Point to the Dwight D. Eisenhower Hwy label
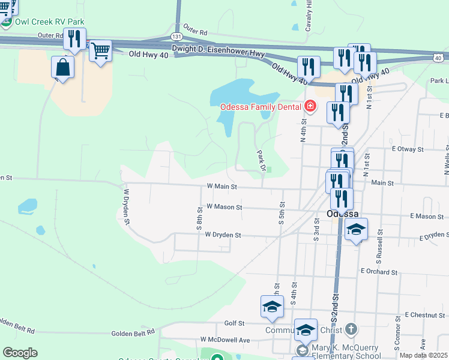tap(218, 50)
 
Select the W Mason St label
tap(223, 207)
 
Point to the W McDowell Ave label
tap(225, 340)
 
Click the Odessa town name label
tap(343, 214)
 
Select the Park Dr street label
tap(261, 160)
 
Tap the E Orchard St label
tap(379, 271)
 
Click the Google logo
tap(20, 353)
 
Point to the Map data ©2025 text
tap(424, 355)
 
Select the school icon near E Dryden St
tap(356, 230)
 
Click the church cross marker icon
tap(352, 329)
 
